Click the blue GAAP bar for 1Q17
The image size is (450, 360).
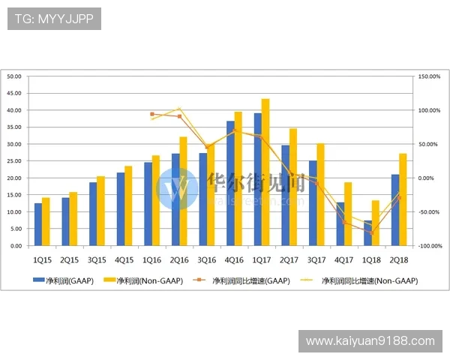point(257,179)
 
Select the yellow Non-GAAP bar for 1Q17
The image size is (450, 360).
point(265,172)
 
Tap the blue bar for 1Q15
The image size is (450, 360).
point(37,224)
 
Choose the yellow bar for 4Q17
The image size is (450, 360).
point(348,214)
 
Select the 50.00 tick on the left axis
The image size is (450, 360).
point(15,76)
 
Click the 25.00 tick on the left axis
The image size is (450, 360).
point(15,161)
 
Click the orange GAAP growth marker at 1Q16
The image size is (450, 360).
point(152,114)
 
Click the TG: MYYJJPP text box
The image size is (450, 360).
point(54,19)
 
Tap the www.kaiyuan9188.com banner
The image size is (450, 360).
point(370,341)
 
